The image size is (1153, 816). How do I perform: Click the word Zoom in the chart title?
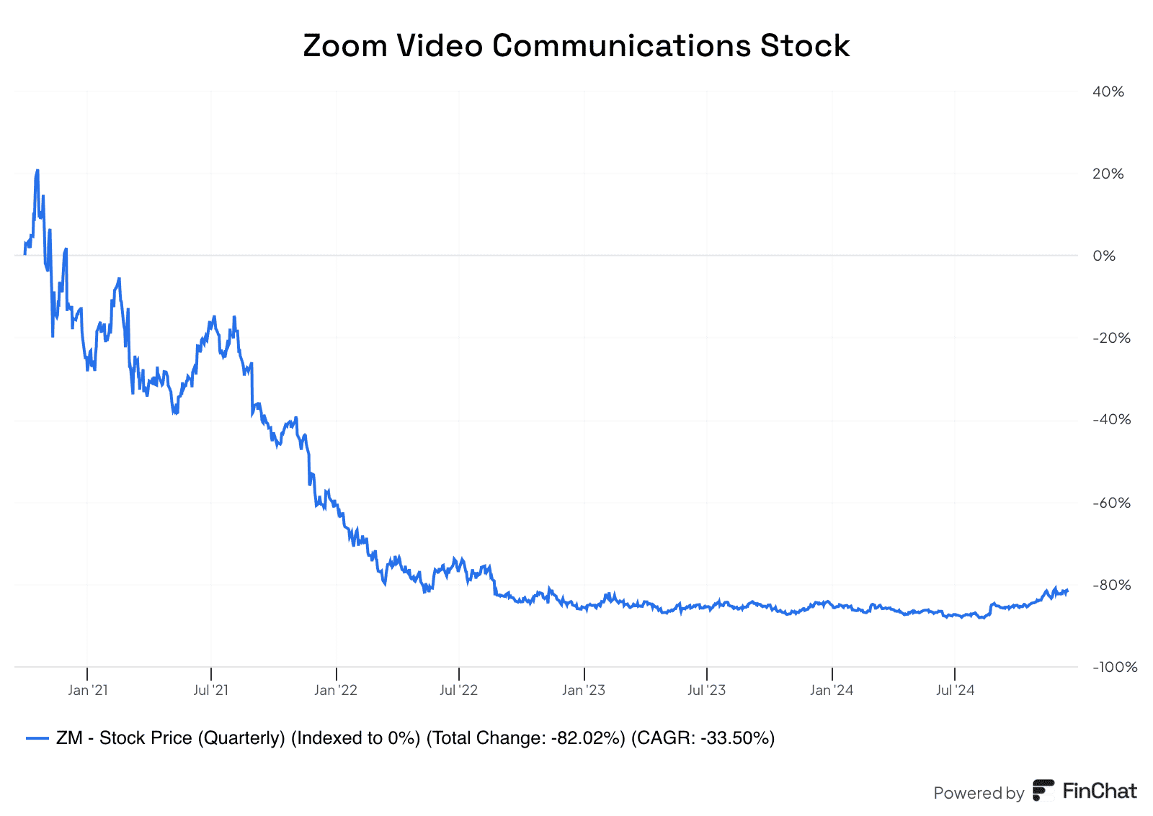(x=345, y=46)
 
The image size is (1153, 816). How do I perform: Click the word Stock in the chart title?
(x=804, y=46)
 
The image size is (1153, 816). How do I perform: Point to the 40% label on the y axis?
(x=1108, y=91)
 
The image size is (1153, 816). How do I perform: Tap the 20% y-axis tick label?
(x=1108, y=174)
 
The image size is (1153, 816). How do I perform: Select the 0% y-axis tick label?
(x=1104, y=256)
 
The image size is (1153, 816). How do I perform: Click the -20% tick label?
(x=1112, y=338)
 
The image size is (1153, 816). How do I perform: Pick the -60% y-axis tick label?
(x=1112, y=503)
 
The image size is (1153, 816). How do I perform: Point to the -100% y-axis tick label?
(x=1115, y=668)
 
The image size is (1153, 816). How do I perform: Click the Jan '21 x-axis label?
(x=88, y=690)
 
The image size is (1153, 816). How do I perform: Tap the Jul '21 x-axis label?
(x=211, y=690)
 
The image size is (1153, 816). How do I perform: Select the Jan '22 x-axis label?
(x=336, y=690)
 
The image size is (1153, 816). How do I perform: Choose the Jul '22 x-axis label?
(x=458, y=690)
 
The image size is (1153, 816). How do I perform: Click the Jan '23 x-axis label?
(x=584, y=690)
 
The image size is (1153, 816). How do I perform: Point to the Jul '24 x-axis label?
(x=956, y=690)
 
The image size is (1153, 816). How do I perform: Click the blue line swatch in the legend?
(x=37, y=739)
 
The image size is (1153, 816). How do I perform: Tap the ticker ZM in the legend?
(x=69, y=738)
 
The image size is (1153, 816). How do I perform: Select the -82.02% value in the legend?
(x=588, y=738)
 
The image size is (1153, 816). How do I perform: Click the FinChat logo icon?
(x=1043, y=790)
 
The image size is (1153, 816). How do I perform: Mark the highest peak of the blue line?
(x=37, y=170)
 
